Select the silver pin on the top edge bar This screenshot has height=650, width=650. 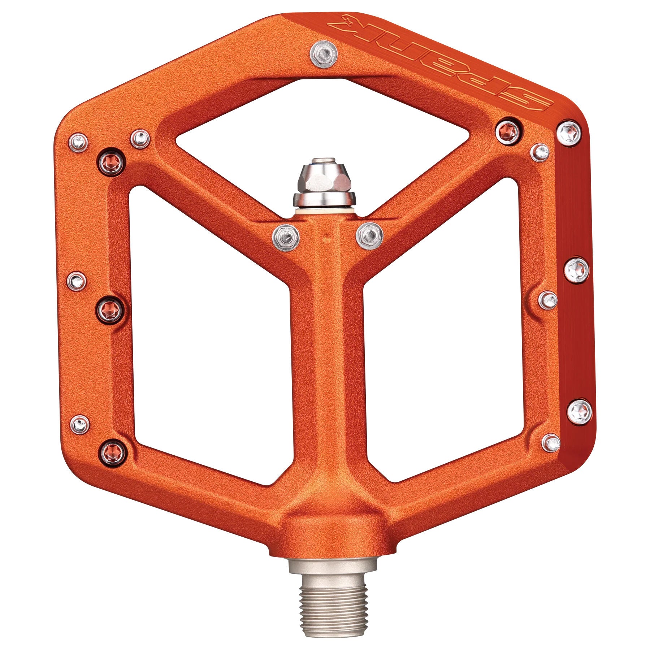(x=324, y=55)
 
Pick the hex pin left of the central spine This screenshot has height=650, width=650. (x=286, y=237)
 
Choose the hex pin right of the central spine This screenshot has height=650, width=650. (x=369, y=236)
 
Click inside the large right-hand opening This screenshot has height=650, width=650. (x=441, y=325)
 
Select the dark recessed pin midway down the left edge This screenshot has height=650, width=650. (x=110, y=310)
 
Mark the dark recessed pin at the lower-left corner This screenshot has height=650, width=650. (x=112, y=451)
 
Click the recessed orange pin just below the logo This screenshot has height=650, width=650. (x=508, y=131)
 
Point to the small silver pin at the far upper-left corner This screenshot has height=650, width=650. (x=78, y=142)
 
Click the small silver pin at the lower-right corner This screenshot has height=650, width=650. (x=551, y=443)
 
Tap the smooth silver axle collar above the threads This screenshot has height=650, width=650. (x=333, y=574)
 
